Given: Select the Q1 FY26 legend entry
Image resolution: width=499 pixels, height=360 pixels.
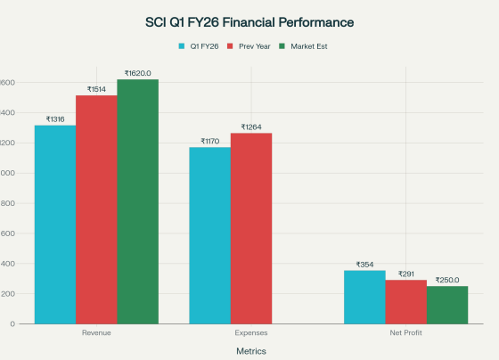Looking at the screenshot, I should coord(201,45).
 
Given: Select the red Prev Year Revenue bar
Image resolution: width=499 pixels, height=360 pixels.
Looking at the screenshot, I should coord(96,209).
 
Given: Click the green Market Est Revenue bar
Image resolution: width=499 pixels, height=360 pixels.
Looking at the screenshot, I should coord(137,201).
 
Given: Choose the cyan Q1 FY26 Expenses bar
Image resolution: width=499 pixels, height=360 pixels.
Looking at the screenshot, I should coord(209,235).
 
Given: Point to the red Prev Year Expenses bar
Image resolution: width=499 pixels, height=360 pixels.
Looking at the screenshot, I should coord(250,228).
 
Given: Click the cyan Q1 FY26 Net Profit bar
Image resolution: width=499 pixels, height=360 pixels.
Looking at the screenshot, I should coord(364,297).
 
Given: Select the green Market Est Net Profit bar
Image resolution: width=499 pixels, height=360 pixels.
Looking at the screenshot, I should coord(446,305).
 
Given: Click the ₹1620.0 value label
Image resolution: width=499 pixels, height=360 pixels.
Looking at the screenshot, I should coord(137,73).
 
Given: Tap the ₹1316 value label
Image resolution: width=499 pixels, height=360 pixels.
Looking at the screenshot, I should coord(55,119).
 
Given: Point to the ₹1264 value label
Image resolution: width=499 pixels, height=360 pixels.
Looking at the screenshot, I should coord(250,127).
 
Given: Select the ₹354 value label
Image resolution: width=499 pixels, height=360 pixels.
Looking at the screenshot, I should coord(364,264).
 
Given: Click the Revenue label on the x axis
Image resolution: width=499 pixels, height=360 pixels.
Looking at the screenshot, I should coord(96,332).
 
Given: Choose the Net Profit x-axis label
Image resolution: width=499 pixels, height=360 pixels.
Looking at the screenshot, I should coord(405,332).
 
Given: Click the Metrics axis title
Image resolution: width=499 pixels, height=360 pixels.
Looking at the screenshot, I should coord(250,351).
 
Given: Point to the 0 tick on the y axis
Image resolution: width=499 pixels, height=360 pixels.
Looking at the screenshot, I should coord(12,323).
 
